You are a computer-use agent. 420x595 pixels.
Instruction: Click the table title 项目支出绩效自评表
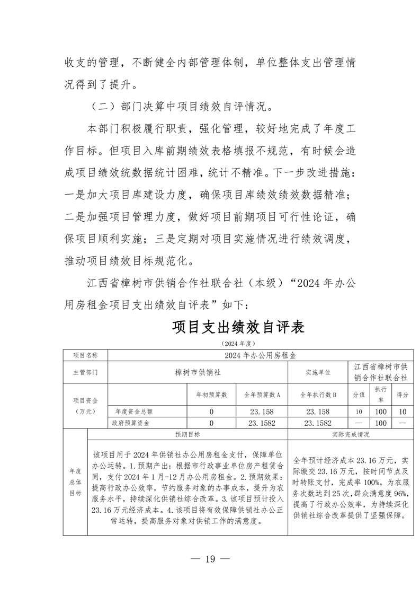(238, 326)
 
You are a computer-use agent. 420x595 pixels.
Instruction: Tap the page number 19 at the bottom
(210, 558)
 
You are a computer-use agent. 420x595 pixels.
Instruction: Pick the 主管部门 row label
(85, 372)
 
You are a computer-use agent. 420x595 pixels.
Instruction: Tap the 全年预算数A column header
(262, 395)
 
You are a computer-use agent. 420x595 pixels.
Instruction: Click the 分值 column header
(359, 395)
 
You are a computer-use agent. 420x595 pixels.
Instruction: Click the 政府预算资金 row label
(130, 423)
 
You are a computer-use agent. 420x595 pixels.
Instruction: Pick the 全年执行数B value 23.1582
(318, 423)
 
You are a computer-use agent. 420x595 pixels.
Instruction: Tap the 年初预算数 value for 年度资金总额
(211, 411)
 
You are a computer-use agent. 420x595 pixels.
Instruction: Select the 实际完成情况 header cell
(347, 434)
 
